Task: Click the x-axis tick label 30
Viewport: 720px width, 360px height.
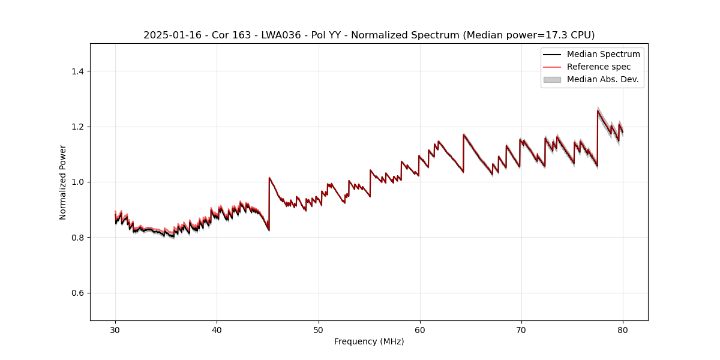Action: point(115,330)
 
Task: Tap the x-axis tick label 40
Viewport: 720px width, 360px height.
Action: point(217,330)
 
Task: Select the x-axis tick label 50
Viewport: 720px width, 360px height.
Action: point(318,330)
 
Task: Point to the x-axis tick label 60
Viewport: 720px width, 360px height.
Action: point(420,330)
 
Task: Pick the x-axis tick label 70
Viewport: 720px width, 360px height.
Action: point(521,330)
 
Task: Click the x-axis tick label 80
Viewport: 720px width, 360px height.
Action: point(623,330)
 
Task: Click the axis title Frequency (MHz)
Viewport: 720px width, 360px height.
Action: point(369,341)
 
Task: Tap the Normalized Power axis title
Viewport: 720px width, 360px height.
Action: point(63,182)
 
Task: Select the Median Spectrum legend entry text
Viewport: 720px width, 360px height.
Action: point(603,54)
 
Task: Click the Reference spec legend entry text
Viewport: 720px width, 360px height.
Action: point(599,67)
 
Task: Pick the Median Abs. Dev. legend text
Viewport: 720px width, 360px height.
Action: point(602,79)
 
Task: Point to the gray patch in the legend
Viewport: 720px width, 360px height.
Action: point(552,79)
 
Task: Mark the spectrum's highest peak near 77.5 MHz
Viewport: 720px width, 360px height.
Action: point(598,110)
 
